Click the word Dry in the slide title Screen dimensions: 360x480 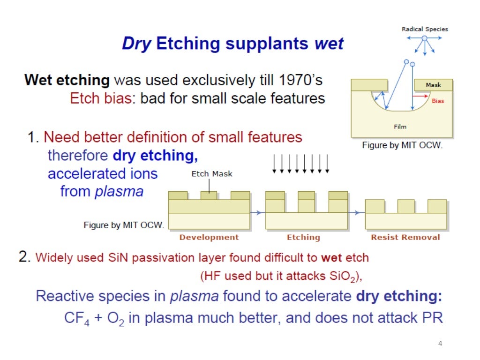[x=136, y=44]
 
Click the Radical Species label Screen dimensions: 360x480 [x=425, y=29]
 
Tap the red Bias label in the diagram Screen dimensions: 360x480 [x=437, y=101]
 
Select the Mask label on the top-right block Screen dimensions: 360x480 [x=433, y=85]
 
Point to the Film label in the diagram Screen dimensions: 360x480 [x=400, y=127]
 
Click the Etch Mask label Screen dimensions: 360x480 [x=212, y=174]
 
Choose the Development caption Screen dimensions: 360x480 [x=209, y=237]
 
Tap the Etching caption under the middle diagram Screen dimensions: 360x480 [x=303, y=237]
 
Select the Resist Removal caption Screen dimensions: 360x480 [x=405, y=237]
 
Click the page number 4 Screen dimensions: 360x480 [x=440, y=344]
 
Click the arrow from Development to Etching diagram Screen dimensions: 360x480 [x=257, y=213]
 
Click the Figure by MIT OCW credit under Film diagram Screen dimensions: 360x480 [x=402, y=145]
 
